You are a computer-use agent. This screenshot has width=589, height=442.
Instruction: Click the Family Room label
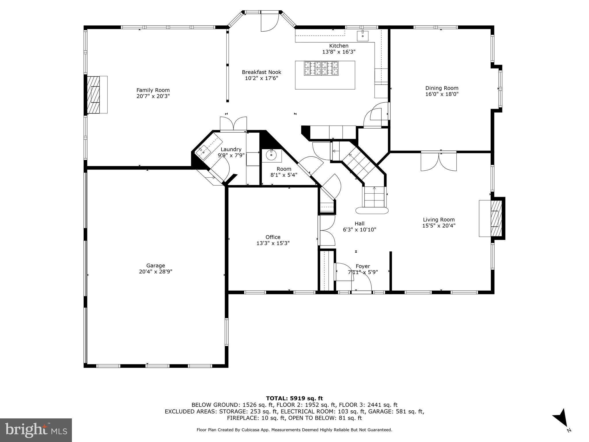pyautogui.click(x=153, y=90)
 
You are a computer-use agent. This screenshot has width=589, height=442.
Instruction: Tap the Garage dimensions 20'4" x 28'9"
pyautogui.click(x=156, y=271)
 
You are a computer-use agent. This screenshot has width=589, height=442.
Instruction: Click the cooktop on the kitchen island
pyautogui.click(x=321, y=68)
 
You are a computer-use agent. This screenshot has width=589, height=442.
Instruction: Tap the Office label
pyautogui.click(x=273, y=237)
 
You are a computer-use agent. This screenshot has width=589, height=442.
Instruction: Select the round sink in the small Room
pyautogui.click(x=271, y=155)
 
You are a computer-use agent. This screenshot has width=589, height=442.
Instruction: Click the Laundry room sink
pyautogui.click(x=203, y=150)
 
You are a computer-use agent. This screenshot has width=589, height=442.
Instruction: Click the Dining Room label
pyautogui.click(x=442, y=88)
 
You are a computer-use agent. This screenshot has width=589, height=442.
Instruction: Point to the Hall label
pyautogui.click(x=359, y=224)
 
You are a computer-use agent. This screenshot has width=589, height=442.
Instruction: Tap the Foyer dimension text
pyautogui.click(x=363, y=272)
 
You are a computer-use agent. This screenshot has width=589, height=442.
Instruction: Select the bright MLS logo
pyautogui.click(x=36, y=430)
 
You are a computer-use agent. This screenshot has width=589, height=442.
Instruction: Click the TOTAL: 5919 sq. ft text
pyautogui.click(x=294, y=399)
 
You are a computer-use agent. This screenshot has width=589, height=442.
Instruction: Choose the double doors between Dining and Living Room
pyautogui.click(x=439, y=161)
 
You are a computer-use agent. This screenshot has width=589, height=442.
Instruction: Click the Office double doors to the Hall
pyautogui.click(x=327, y=230)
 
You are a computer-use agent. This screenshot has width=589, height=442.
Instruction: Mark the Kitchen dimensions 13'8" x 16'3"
pyautogui.click(x=339, y=52)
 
